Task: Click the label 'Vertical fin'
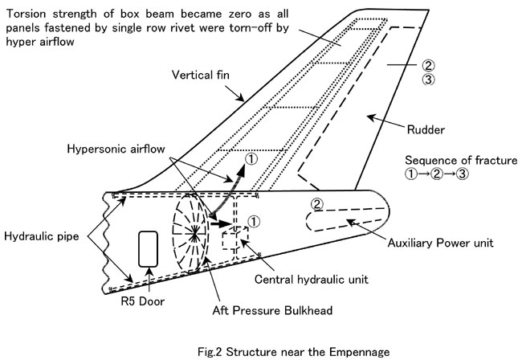pyautogui.click(x=201, y=75)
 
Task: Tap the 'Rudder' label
pyautogui.click(x=426, y=129)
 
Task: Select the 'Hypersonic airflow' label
pyautogui.click(x=116, y=149)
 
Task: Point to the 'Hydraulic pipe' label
pyautogui.click(x=42, y=236)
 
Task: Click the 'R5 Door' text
pyautogui.click(x=142, y=301)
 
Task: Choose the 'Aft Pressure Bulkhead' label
pyautogui.click(x=272, y=310)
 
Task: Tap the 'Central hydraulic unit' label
pyautogui.click(x=312, y=279)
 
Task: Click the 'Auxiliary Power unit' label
pyautogui.click(x=440, y=243)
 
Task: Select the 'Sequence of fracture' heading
pyautogui.click(x=461, y=160)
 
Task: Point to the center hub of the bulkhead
pyautogui.click(x=194, y=234)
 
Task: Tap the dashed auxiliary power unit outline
pyautogui.click(x=307, y=220)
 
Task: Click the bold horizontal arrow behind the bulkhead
pyautogui.click(x=220, y=223)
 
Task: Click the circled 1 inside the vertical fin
pyautogui.click(x=251, y=159)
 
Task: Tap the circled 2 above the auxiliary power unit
pyautogui.click(x=317, y=204)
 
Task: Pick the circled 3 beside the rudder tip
pyautogui.click(x=429, y=80)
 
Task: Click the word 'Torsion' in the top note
pyautogui.click(x=26, y=14)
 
